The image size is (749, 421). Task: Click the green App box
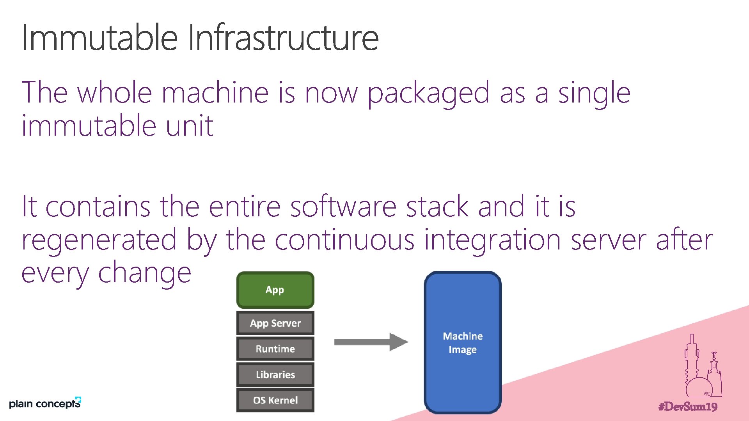tap(275, 290)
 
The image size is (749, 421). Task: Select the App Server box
tap(275, 323)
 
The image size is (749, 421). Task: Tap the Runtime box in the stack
tap(275, 349)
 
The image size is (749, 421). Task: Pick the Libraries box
tap(275, 375)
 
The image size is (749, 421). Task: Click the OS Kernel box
tap(275, 400)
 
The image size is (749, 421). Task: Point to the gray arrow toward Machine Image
tap(371, 342)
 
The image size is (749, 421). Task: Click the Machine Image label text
tap(463, 343)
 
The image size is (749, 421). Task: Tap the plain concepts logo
tap(45, 403)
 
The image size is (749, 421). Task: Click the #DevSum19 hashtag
tap(688, 407)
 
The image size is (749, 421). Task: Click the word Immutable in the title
tap(100, 38)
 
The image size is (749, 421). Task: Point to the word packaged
tap(428, 94)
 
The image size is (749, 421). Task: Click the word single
tap(594, 94)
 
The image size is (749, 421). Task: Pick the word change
tap(144, 273)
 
